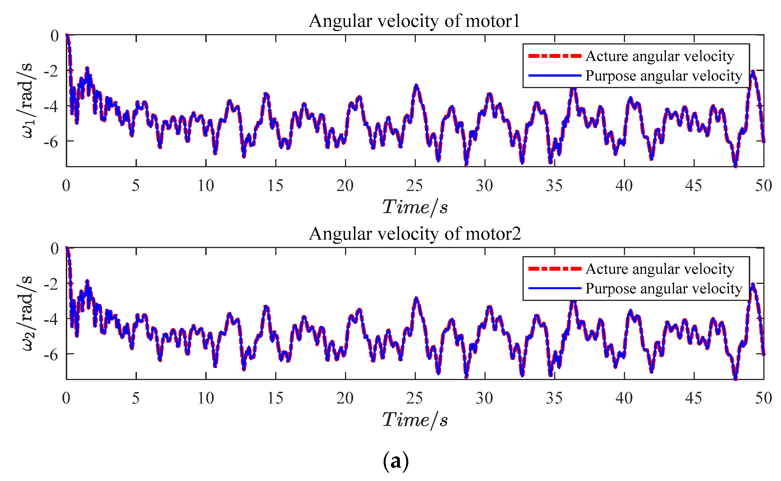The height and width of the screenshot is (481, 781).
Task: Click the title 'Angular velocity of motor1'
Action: (414, 21)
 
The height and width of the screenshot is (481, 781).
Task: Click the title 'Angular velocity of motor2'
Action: (414, 234)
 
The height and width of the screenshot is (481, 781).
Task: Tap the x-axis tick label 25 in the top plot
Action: (414, 185)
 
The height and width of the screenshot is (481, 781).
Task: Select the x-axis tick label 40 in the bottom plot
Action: (624, 398)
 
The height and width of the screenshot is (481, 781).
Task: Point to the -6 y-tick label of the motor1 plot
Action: (51, 142)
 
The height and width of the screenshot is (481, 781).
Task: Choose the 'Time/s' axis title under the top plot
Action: (414, 208)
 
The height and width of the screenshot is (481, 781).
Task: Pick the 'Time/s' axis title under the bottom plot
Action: (414, 420)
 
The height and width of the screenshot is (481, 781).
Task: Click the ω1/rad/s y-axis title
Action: (27, 100)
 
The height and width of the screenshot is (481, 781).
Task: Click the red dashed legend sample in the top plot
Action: (554, 56)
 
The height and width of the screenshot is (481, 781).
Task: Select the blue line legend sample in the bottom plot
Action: (554, 288)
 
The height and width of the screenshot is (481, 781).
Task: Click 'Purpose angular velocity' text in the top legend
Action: (664, 76)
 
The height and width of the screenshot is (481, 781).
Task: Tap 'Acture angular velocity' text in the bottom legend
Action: (659, 269)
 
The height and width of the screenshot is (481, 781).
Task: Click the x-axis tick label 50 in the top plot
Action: (763, 185)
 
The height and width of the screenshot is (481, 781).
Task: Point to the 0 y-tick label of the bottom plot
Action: (55, 248)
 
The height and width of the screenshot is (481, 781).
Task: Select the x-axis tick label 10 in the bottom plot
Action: (206, 398)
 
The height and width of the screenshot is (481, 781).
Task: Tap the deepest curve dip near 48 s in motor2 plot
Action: (735, 379)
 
